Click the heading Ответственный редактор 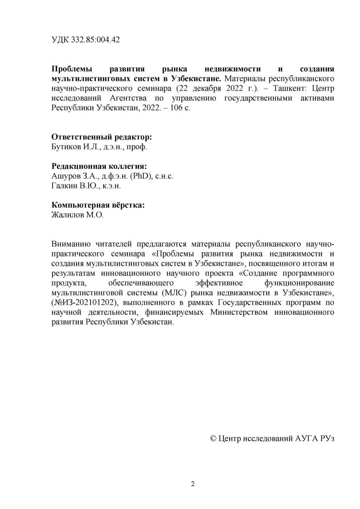[95, 137]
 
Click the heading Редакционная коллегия [99, 166]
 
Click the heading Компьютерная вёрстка [97, 205]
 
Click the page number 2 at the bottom [193, 484]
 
